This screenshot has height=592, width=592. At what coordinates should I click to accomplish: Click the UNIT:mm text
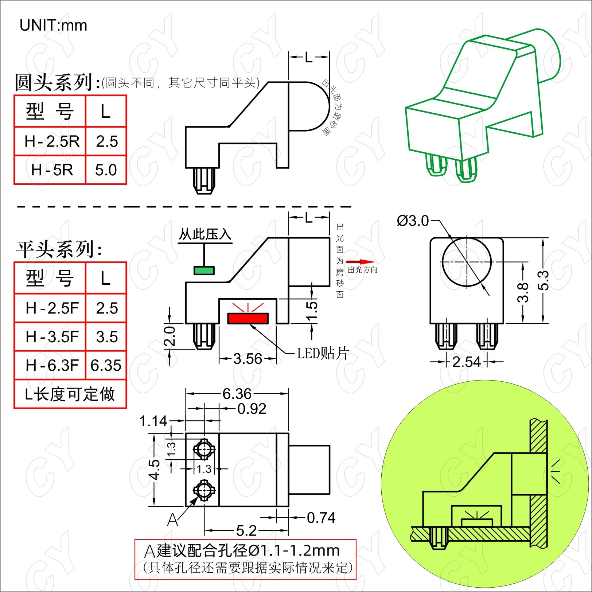click(53, 26)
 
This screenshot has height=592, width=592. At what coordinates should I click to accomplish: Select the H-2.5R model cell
click(52, 141)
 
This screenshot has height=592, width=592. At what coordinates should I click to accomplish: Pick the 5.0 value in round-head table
click(106, 170)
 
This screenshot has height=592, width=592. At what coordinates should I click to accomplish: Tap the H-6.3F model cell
click(52, 365)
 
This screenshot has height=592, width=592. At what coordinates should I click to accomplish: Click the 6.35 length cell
click(106, 365)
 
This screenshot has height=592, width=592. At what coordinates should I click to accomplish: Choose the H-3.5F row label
click(52, 337)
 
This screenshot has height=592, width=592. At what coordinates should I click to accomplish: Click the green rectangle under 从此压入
click(204, 270)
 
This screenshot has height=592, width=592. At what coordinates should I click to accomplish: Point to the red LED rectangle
click(248, 318)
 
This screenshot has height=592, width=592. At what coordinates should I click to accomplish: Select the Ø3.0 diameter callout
click(413, 221)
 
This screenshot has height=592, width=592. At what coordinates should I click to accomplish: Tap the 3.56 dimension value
click(248, 359)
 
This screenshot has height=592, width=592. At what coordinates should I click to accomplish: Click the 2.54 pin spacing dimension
click(466, 362)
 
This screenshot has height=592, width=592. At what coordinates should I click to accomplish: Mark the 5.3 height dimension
click(543, 280)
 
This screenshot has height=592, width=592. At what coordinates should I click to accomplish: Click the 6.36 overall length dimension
click(237, 394)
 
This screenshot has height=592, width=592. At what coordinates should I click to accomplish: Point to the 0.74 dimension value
click(321, 518)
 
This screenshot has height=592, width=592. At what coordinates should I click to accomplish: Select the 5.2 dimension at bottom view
click(246, 531)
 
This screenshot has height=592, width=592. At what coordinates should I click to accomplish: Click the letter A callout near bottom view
click(173, 520)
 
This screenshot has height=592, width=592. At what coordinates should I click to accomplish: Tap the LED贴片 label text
click(323, 353)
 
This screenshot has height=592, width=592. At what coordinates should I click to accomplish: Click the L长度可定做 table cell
click(70, 394)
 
